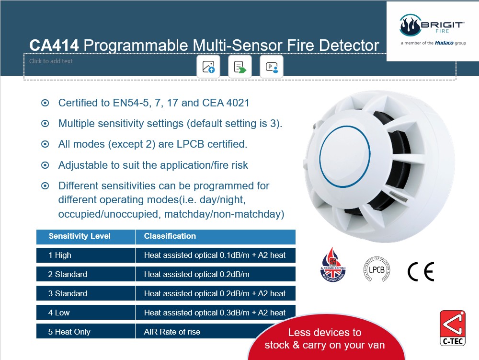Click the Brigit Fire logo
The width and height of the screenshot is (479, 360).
click(x=433, y=30)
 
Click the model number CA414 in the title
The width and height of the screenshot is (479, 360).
click(x=54, y=46)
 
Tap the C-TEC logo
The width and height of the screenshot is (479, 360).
click(x=453, y=328)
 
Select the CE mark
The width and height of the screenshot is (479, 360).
click(x=421, y=272)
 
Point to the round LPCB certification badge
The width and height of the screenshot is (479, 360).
click(x=376, y=269)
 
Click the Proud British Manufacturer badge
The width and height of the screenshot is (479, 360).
click(x=333, y=265)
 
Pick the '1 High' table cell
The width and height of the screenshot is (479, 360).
click(x=86, y=255)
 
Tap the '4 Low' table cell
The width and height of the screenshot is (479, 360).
click(x=86, y=313)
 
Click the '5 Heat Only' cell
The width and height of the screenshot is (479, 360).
click(x=86, y=332)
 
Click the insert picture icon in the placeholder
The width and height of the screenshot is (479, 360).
click(x=208, y=67)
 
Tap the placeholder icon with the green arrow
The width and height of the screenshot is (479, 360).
click(x=240, y=67)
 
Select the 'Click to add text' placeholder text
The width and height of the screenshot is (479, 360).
click(x=51, y=61)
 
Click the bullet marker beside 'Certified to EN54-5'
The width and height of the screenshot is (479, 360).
click(x=45, y=103)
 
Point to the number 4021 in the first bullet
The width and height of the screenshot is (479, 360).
click(x=238, y=103)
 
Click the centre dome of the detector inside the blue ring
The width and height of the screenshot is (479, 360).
click(x=344, y=156)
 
